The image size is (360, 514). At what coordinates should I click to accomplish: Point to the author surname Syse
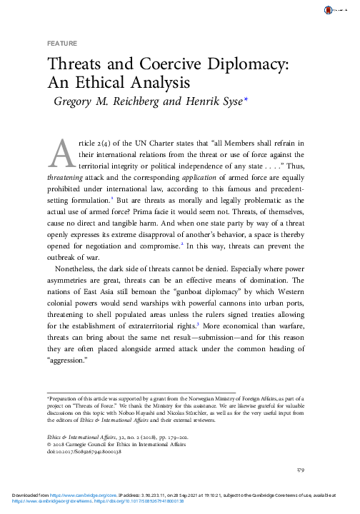(x=229, y=101)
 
